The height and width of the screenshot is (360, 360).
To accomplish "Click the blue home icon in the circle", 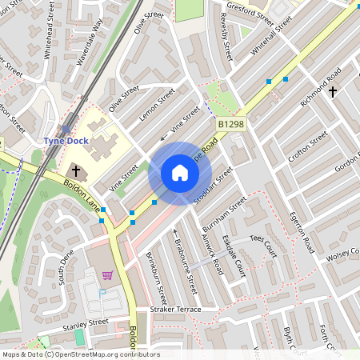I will click(x=180, y=173).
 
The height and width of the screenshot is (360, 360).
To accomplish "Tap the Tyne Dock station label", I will click(x=66, y=141).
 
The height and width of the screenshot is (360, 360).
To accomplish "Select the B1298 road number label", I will click(x=230, y=124).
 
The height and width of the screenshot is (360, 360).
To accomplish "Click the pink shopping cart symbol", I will click(x=107, y=276).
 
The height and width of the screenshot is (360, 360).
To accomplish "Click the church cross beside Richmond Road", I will click(x=333, y=92).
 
